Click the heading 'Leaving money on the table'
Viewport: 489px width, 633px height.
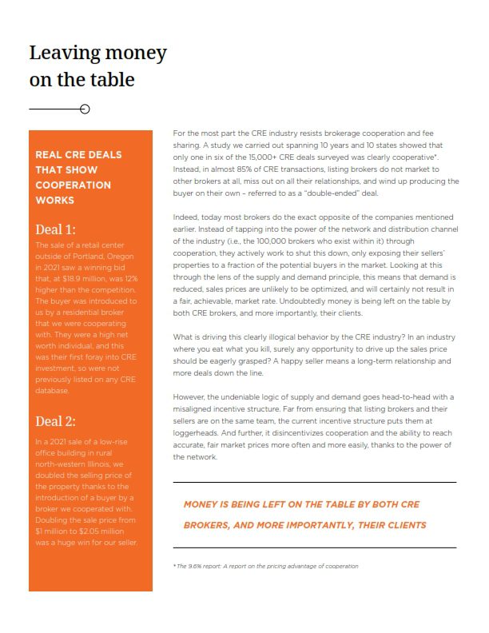97,66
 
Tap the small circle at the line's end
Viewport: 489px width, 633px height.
85,109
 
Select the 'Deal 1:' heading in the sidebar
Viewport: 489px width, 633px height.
57,230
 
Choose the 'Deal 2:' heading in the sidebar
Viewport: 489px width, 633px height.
57,421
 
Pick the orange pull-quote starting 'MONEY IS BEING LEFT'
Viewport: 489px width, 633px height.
304,515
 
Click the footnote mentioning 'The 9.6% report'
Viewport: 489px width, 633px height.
265,566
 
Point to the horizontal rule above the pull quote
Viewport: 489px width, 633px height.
314,482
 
